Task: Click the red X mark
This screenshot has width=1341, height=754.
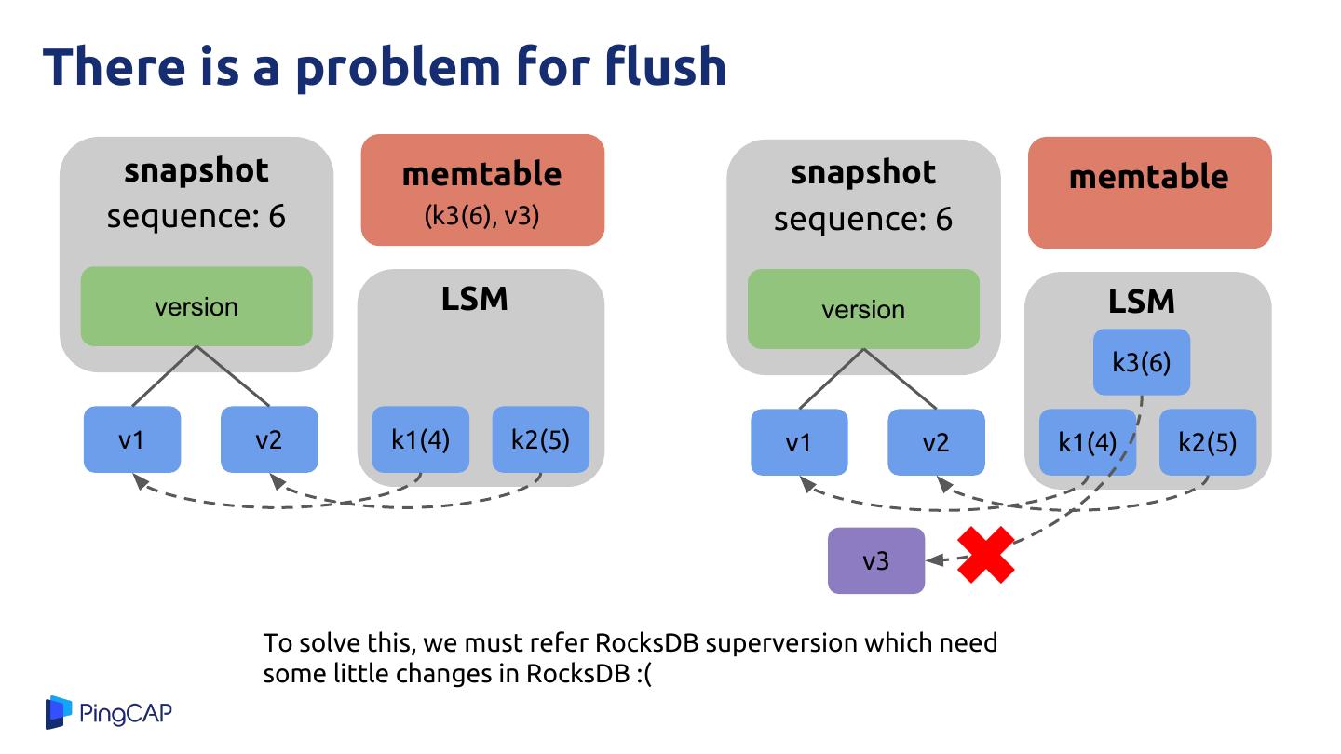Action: coord(985,555)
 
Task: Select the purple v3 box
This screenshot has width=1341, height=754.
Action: coord(876,560)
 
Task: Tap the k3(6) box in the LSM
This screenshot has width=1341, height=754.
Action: coord(1142,361)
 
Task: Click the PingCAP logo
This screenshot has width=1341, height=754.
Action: coord(109,713)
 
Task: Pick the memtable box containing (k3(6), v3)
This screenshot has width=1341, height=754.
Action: coord(482,190)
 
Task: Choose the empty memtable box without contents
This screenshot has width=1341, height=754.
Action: coord(1149,193)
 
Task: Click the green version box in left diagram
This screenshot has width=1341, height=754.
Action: coord(196,306)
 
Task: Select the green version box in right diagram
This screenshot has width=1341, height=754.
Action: coord(863,309)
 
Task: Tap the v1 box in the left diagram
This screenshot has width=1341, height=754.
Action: coord(132,439)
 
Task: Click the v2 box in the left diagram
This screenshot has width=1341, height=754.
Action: coord(269,439)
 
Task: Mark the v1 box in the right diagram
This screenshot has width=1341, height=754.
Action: coord(799,442)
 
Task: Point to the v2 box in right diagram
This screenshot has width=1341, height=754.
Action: coord(936,442)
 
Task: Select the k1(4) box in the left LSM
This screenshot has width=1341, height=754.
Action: coord(421,439)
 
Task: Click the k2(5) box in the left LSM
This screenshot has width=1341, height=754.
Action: coord(540,439)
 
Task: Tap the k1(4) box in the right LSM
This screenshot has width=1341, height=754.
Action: coord(1087,442)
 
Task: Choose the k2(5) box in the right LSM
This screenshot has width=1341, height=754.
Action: coord(1207,442)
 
